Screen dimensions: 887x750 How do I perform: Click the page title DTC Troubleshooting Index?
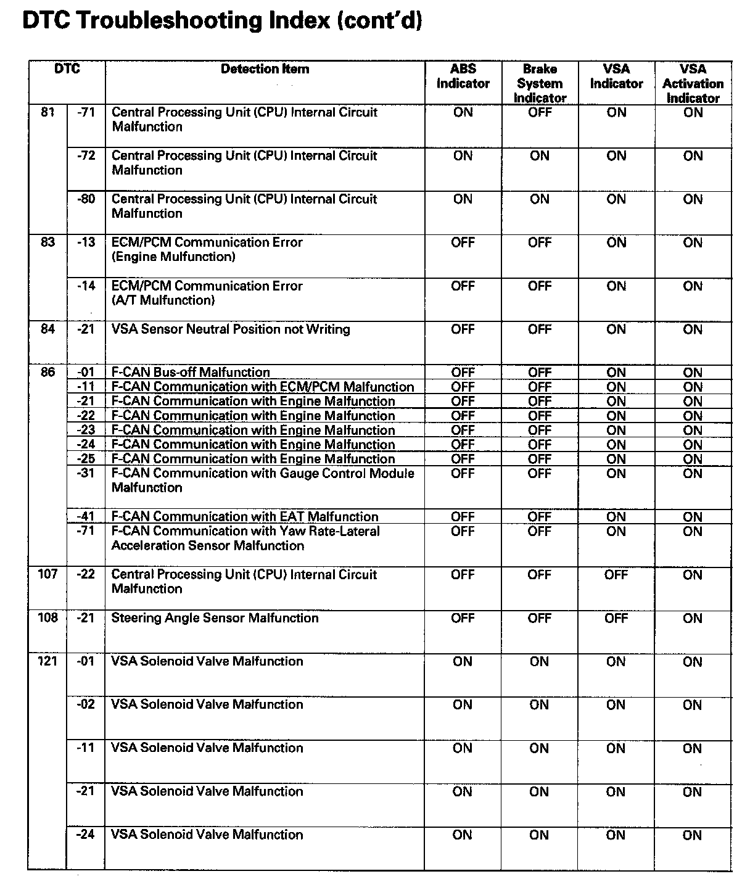pos(222,20)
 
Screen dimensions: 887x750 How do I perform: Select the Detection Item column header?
pos(265,69)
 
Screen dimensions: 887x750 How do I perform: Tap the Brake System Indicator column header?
pos(540,83)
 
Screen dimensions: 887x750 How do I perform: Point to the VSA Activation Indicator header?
pos(693,83)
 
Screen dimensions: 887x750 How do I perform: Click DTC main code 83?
pos(47,242)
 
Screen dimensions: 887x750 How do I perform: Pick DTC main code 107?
pos(47,574)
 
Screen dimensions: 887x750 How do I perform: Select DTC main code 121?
pos(47,661)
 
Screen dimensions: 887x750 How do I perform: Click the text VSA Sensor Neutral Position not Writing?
pos(231,329)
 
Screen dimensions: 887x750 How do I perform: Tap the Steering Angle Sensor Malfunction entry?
pos(215,618)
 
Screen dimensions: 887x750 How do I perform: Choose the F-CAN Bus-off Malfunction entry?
pos(191,373)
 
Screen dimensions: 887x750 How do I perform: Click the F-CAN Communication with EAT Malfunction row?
pos(245,517)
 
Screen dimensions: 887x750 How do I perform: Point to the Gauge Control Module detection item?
pos(263,481)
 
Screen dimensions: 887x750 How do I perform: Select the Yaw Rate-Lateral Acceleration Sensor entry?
pos(245,538)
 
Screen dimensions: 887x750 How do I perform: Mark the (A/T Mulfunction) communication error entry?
pos(207,294)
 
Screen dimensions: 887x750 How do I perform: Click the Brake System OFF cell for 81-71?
pos(540,112)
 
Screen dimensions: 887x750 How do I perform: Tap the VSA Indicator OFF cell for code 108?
pos(616,618)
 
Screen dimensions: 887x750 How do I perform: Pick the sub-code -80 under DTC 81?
pos(86,199)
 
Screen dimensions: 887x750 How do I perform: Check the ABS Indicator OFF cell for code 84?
pos(463,329)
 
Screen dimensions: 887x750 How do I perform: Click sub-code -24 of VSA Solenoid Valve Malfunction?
pos(86,835)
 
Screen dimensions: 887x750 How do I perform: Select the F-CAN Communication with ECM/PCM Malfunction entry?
pos(263,387)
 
